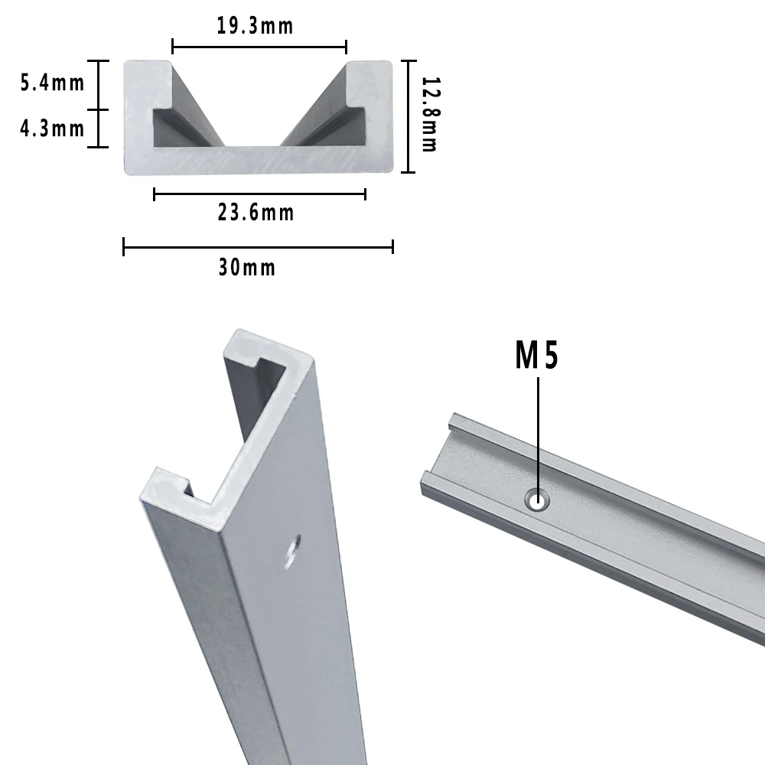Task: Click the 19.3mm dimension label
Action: coord(255,26)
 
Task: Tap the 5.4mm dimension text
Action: coord(52,83)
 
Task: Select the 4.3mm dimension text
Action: coord(52,128)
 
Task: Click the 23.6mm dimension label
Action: coord(256,213)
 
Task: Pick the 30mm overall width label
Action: coord(246,268)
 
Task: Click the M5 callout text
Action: coord(537,356)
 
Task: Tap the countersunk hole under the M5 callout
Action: coord(538,501)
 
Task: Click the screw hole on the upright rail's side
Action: coord(291,552)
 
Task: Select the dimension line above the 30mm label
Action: coord(258,246)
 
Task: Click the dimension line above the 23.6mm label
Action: coord(259,194)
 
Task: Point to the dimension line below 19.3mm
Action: coord(259,47)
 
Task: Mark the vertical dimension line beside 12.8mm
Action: coord(409,116)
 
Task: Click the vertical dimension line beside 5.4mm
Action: coord(99,84)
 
